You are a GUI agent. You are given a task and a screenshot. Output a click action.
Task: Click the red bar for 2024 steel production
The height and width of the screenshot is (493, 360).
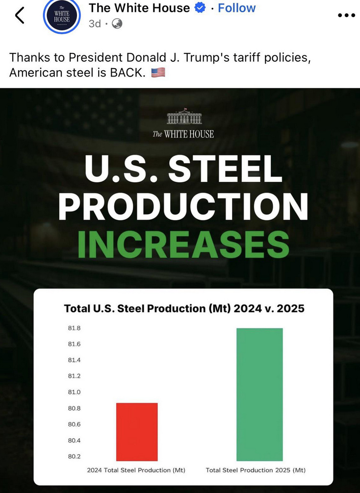[x=137, y=432]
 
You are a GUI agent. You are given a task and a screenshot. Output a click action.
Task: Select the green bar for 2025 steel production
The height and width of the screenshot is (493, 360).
[x=259, y=394]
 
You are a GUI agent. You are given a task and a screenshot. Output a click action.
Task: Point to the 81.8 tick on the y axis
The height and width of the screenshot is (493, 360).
[x=74, y=328]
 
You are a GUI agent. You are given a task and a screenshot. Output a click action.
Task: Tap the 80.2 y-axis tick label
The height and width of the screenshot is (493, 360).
[x=74, y=456]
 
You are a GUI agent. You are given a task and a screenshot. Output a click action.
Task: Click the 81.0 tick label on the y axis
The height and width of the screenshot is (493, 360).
[x=74, y=392]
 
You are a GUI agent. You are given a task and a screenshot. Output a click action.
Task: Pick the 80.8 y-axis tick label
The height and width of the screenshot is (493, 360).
[x=74, y=408]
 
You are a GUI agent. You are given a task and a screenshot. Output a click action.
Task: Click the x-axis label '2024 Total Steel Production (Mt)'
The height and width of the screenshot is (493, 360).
[x=136, y=470]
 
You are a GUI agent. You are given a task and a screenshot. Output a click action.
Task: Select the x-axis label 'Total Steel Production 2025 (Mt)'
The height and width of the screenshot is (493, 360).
[x=256, y=470]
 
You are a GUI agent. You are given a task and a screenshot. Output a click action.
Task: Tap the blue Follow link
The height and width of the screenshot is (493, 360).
[x=236, y=8]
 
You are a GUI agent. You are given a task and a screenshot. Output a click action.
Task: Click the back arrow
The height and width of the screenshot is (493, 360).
[x=20, y=16]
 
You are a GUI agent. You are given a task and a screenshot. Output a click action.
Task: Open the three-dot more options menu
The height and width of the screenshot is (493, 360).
[x=346, y=15]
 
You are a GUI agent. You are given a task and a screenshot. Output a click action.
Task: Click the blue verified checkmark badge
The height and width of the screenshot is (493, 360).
[x=200, y=8]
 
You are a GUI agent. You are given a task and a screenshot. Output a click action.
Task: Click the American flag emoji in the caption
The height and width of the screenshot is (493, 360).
[x=158, y=73]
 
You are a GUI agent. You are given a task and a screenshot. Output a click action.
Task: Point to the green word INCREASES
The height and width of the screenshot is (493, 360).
[x=183, y=244]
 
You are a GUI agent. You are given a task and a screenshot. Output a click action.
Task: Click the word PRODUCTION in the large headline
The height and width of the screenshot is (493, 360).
[x=183, y=206]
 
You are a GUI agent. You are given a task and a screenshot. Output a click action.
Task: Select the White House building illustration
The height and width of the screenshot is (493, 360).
[x=184, y=118]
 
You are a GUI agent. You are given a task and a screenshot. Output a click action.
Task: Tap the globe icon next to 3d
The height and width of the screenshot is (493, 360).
[x=117, y=24]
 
